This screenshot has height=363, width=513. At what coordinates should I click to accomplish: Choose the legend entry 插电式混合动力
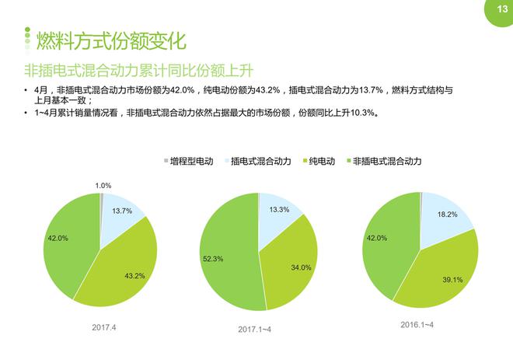tap(260, 161)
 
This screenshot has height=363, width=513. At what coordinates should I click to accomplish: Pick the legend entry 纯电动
tap(321, 161)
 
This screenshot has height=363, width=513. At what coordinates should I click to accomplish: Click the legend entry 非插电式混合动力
tap(386, 161)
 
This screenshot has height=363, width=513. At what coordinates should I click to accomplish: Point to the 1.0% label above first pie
tap(103, 186)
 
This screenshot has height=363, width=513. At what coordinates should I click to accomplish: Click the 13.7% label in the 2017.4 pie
tap(121, 211)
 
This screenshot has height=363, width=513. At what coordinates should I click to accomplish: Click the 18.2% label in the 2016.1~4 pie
tap(447, 215)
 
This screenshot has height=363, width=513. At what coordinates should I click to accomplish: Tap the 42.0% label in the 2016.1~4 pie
tap(377, 238)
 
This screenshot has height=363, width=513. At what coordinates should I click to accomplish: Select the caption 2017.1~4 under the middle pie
tap(254, 330)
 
